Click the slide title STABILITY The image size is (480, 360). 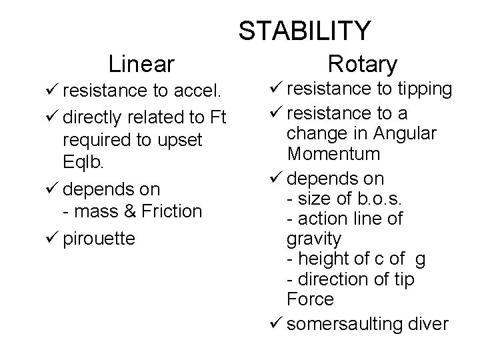click(x=304, y=31)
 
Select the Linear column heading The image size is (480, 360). click(x=141, y=63)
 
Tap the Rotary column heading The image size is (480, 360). click(x=363, y=64)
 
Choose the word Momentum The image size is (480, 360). click(x=333, y=154)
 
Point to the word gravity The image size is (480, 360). click(x=313, y=238)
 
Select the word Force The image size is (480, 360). click(x=310, y=299)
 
